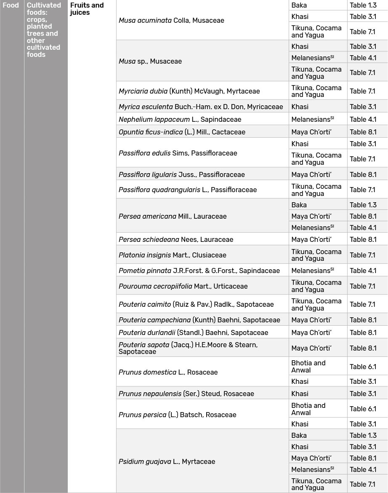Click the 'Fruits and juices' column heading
[x=87, y=9]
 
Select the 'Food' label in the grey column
[x=11, y=5]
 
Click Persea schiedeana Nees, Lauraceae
[x=175, y=239]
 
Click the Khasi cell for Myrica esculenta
[x=300, y=107]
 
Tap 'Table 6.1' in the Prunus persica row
[x=363, y=409]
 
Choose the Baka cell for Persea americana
[x=299, y=205]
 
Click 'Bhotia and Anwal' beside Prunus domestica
[x=308, y=366]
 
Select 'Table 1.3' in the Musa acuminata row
[x=363, y=5]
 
